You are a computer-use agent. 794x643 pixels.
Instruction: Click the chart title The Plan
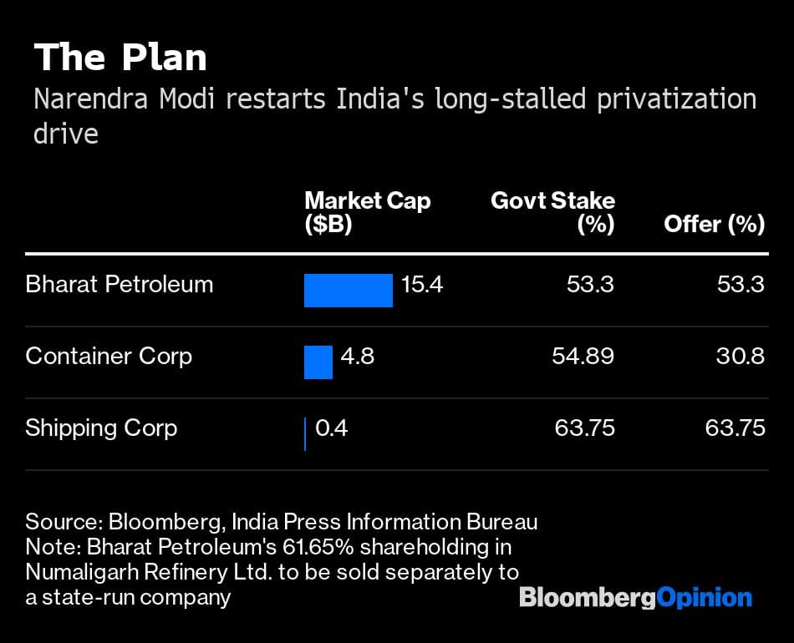click(x=120, y=58)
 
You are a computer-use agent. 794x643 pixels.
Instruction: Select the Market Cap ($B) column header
click(x=367, y=212)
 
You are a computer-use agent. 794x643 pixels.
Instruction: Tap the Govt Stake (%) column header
click(x=552, y=212)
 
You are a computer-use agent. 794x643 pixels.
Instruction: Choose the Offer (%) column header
click(x=714, y=224)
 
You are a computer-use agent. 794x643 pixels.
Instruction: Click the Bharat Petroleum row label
click(x=120, y=285)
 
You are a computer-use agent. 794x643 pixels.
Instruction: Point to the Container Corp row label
click(x=109, y=357)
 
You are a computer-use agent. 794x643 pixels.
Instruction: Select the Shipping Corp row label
click(x=101, y=428)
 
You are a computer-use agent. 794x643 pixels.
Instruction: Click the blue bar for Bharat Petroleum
click(x=348, y=291)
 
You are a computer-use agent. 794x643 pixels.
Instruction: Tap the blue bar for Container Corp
click(x=318, y=362)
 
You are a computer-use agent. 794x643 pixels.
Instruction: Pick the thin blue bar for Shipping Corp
click(x=305, y=434)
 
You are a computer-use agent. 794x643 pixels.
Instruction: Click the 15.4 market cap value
click(x=422, y=285)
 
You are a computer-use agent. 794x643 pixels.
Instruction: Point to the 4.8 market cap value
click(x=358, y=357)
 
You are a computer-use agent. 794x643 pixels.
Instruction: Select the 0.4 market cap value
click(x=331, y=428)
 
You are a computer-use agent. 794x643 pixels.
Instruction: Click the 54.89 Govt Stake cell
click(x=583, y=357)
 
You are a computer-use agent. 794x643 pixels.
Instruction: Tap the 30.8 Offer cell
click(x=741, y=357)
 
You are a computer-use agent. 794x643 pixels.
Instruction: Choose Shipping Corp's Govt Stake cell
click(x=584, y=428)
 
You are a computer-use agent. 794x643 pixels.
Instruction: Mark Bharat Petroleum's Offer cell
click(x=741, y=285)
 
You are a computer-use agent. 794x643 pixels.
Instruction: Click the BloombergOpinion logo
click(x=635, y=598)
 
